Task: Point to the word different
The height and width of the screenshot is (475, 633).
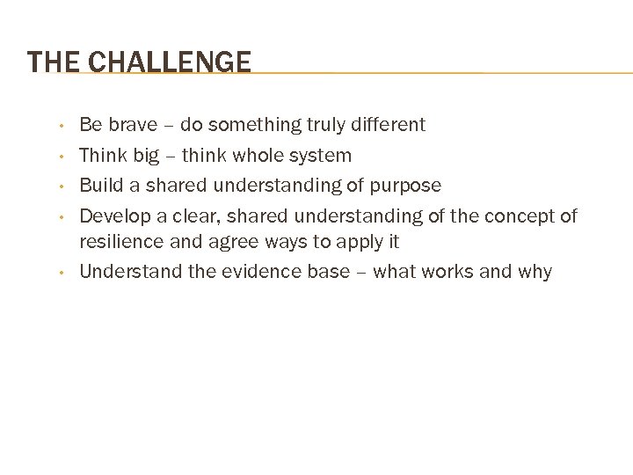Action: pyautogui.click(x=389, y=125)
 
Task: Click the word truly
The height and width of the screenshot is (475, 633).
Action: pyautogui.click(x=327, y=126)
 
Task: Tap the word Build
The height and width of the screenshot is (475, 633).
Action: pyautogui.click(x=99, y=186)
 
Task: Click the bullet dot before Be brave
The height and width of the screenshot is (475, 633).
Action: pyautogui.click(x=60, y=126)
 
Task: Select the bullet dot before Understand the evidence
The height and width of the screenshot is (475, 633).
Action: pyautogui.click(x=60, y=272)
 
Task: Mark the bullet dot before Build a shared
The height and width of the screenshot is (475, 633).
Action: pyautogui.click(x=60, y=186)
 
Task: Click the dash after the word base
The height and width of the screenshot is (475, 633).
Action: pyautogui.click(x=361, y=271)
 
